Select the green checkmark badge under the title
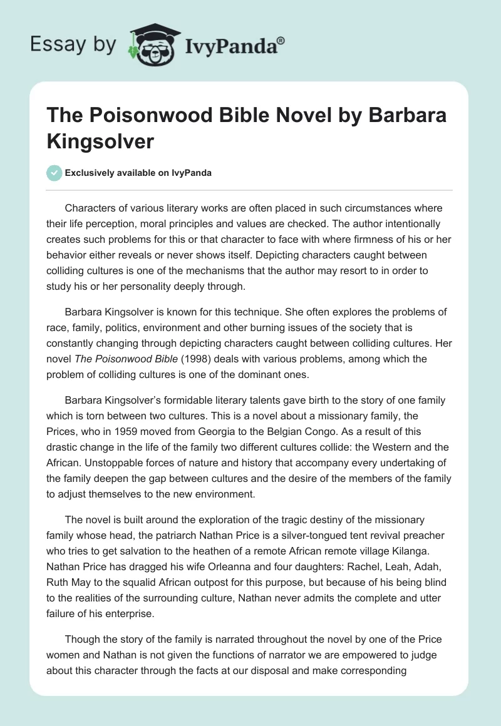pos(55,173)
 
